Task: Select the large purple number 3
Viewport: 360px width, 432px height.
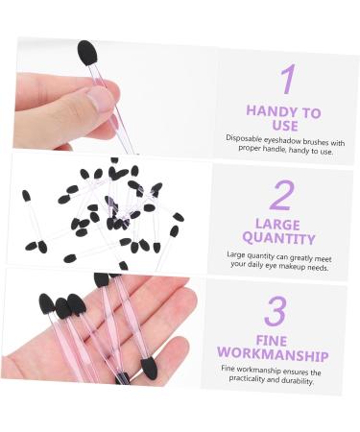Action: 276,312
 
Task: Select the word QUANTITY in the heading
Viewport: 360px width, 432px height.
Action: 278,238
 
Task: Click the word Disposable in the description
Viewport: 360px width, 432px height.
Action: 247,138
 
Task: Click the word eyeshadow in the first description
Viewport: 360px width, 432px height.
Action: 287,138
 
